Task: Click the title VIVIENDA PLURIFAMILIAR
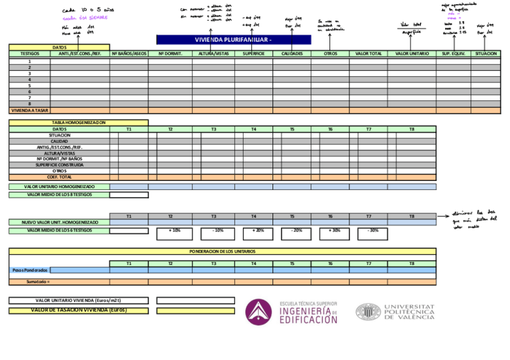tap(233, 40)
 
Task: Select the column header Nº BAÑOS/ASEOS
tap(129, 53)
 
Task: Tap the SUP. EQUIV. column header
tap(453, 53)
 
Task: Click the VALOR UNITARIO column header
tap(412, 53)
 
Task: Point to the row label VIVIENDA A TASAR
tap(29, 111)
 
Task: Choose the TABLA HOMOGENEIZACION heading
tap(78, 123)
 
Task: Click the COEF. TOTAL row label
tap(60, 177)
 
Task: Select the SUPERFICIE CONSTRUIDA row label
tap(60, 165)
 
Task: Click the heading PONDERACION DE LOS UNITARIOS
tap(223, 251)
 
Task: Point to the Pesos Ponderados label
tap(30, 270)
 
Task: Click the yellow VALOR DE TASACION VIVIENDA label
tap(78, 311)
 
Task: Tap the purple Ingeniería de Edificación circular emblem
tap(258, 312)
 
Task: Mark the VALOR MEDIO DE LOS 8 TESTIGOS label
tap(60, 195)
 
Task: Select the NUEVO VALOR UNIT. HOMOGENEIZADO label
tap(60, 222)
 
